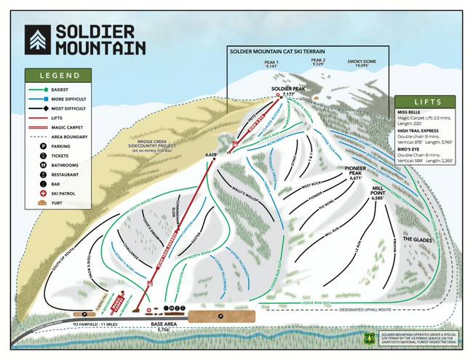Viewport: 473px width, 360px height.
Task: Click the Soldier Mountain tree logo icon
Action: tap(38, 41)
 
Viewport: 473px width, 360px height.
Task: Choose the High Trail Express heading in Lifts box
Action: tap(420, 129)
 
